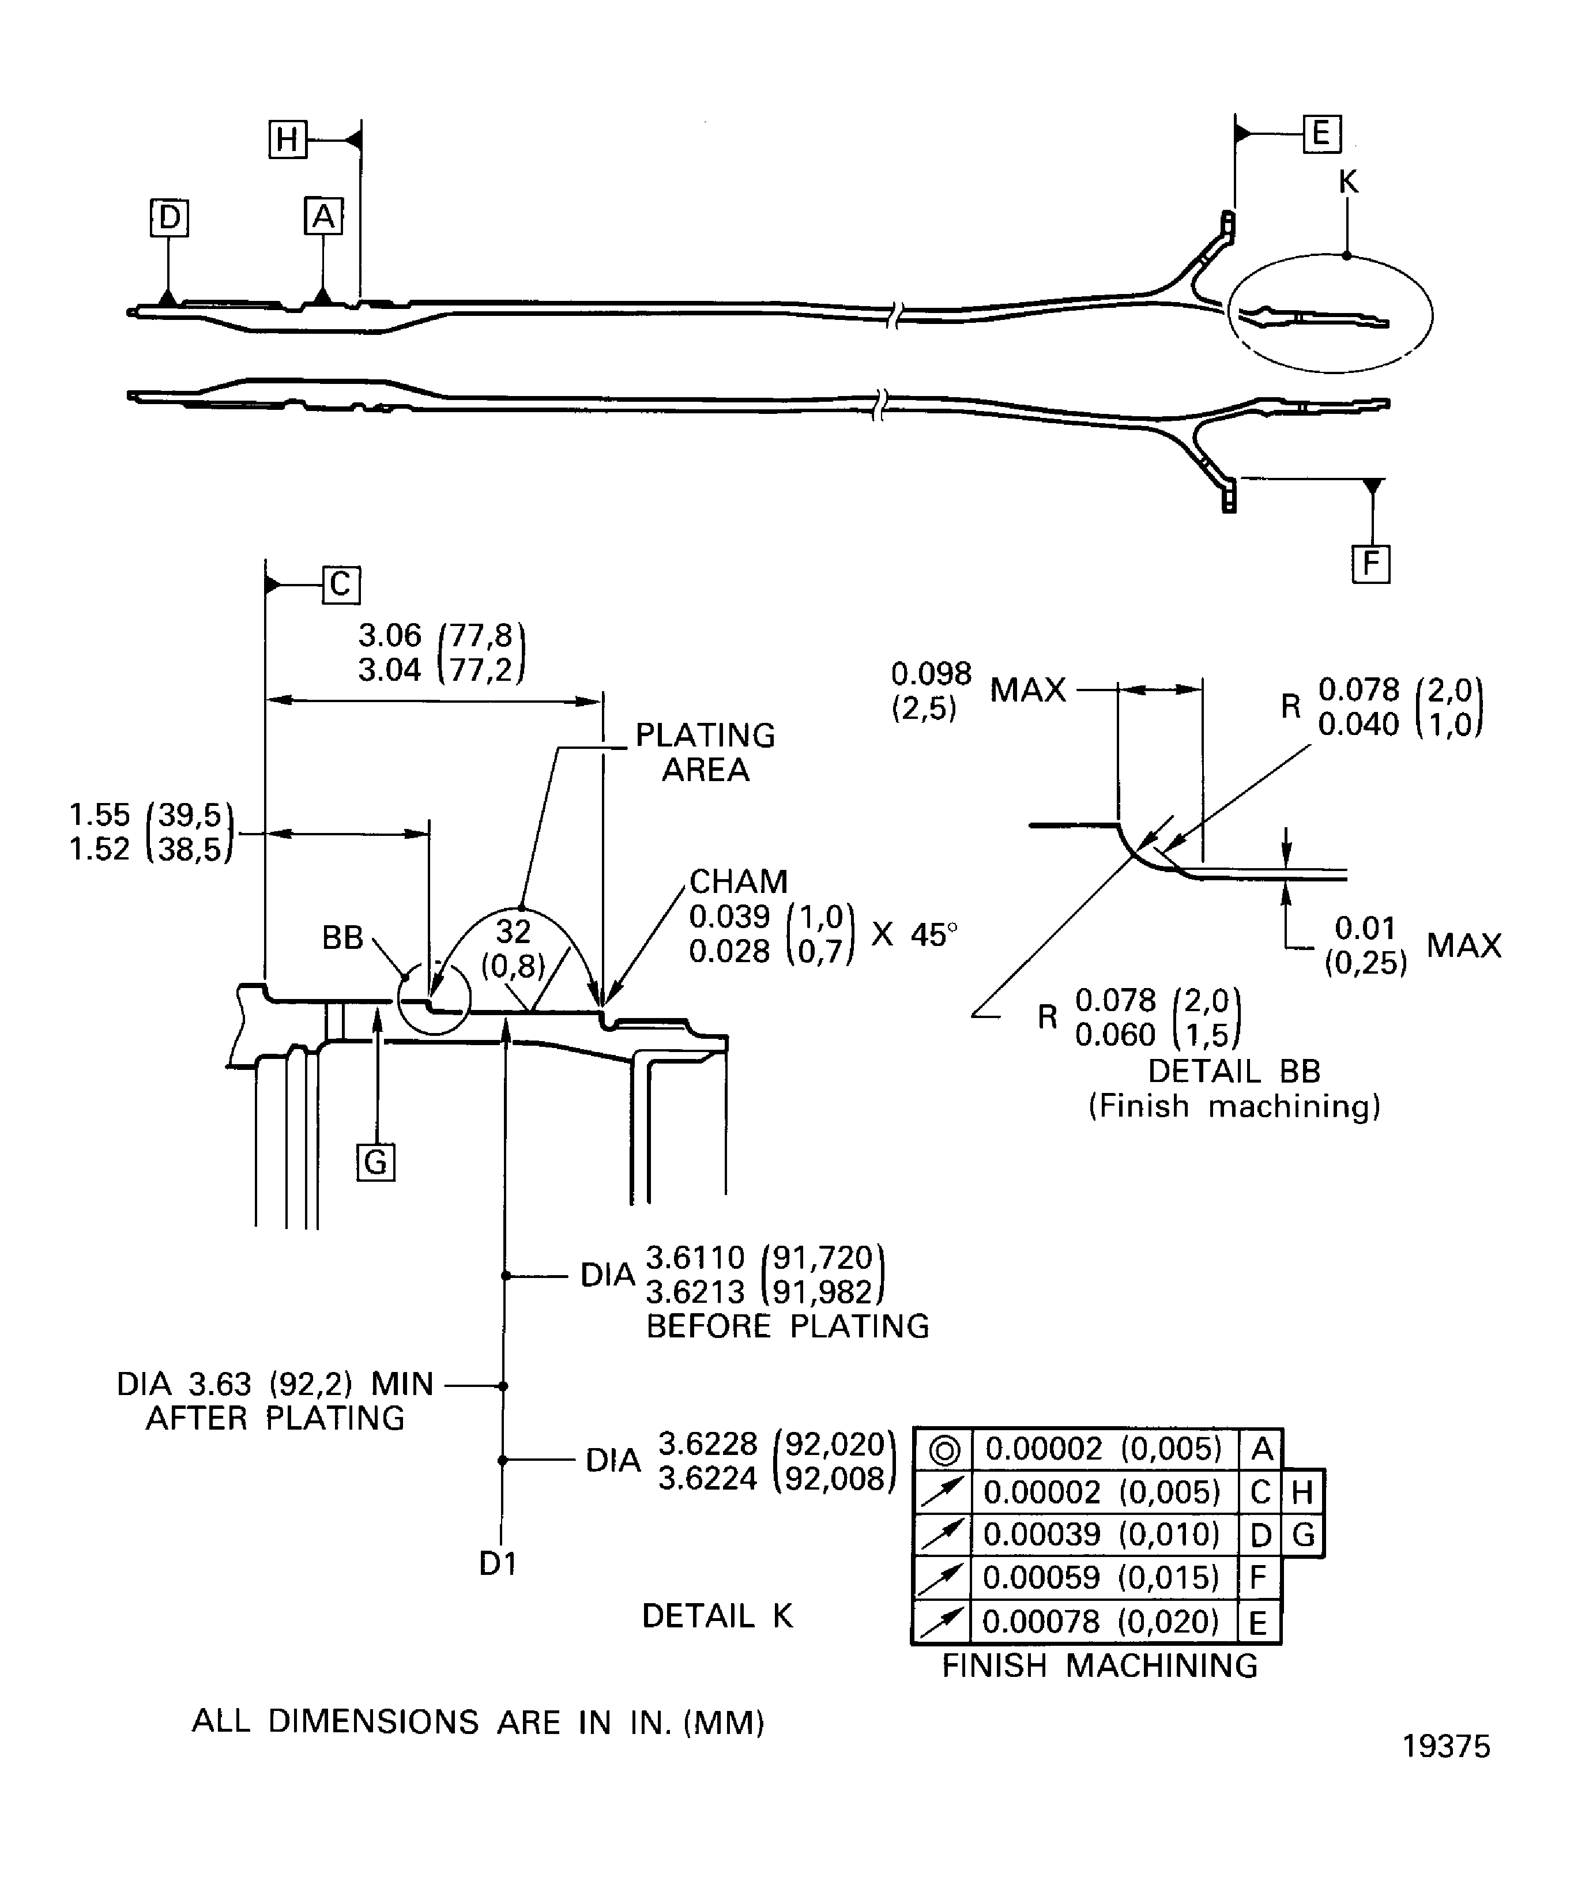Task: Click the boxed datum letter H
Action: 288,140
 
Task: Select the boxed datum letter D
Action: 170,218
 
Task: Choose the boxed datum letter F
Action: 1370,564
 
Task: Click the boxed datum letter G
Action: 375,1163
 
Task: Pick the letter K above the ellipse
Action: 1347,182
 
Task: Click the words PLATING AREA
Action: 705,752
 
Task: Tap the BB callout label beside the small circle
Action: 342,938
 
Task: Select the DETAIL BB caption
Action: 1234,1071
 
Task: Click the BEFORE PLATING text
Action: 788,1326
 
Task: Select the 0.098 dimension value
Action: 931,673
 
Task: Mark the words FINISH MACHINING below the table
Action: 1099,1665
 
